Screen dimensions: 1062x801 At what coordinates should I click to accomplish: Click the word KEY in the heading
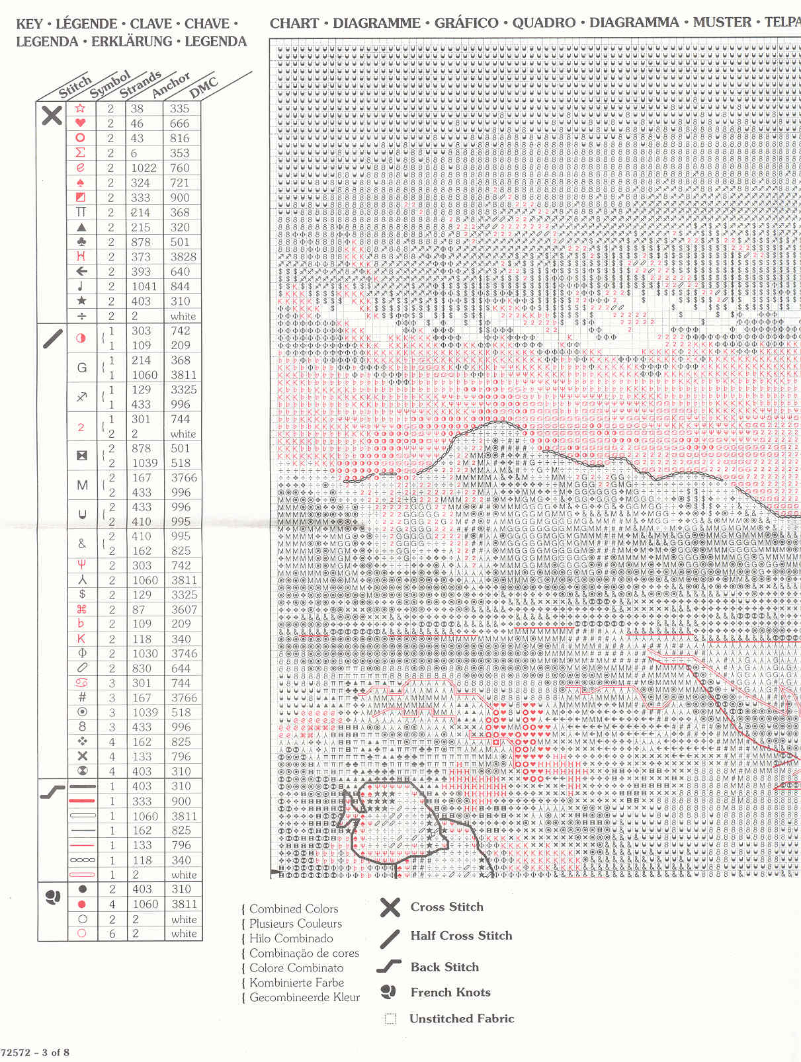(x=29, y=24)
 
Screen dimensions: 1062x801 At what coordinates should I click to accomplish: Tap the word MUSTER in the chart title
(x=722, y=22)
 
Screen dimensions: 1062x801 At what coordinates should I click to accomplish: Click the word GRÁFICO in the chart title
(x=466, y=23)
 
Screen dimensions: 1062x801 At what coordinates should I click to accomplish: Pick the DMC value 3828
(x=183, y=257)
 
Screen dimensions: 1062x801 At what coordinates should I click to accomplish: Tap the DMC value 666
(x=179, y=124)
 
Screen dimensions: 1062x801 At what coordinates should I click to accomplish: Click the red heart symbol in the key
(x=81, y=123)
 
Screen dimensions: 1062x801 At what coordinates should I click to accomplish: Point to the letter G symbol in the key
(x=82, y=368)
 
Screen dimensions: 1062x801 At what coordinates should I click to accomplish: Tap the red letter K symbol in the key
(x=81, y=639)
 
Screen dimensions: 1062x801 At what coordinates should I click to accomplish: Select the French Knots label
(x=450, y=992)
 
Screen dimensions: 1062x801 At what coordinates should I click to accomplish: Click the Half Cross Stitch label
(x=461, y=935)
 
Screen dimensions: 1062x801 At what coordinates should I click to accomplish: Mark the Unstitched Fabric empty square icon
(x=390, y=1018)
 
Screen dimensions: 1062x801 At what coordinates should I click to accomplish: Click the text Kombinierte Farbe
(x=296, y=983)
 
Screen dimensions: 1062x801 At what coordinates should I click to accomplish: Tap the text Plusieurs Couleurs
(x=296, y=924)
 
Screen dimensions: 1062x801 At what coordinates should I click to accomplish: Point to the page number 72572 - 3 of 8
(x=35, y=1052)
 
